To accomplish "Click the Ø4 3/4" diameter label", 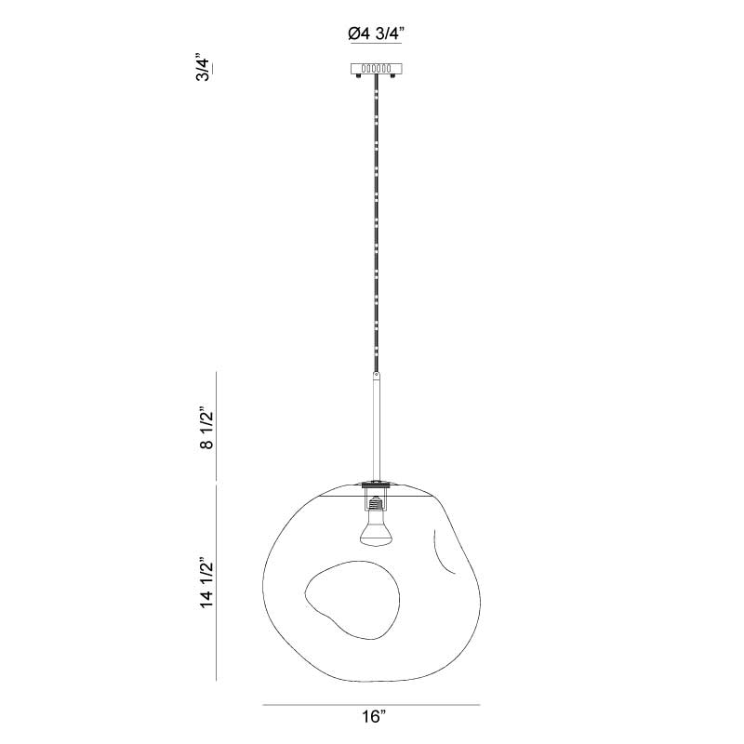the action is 376,33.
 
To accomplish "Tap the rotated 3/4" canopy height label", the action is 203,69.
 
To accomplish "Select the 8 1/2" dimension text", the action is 206,428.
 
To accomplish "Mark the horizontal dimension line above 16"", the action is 371,705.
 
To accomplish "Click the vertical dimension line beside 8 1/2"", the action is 217,426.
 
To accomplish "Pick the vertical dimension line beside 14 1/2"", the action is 217,583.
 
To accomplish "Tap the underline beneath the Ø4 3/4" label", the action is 376,44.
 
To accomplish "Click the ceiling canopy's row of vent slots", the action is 377,69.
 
